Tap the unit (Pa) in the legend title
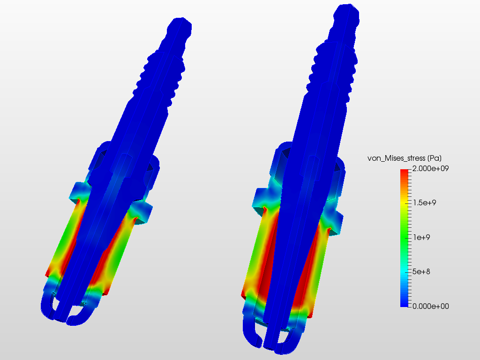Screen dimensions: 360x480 coord(434,158)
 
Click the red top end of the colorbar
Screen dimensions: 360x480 coord(405,172)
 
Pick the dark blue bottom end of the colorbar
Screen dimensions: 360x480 coord(405,303)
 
